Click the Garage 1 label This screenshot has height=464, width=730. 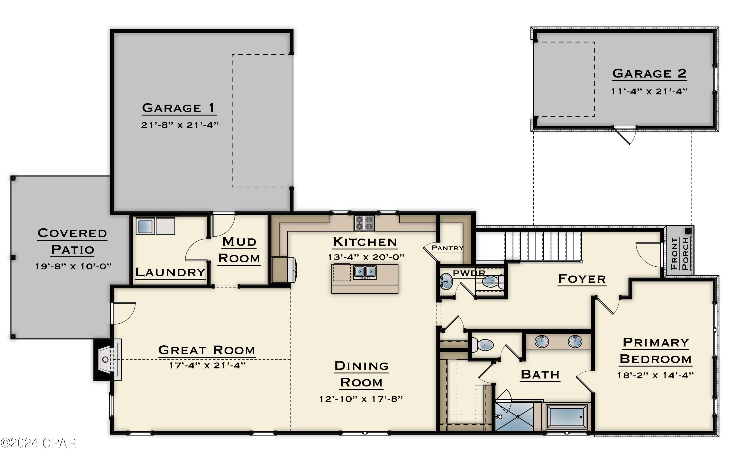pyautogui.click(x=179, y=108)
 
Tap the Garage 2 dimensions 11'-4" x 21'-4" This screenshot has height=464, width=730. pyautogui.click(x=649, y=91)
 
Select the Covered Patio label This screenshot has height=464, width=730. pyautogui.click(x=72, y=241)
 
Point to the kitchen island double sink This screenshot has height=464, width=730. pyautogui.click(x=365, y=272)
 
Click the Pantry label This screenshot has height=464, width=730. pyautogui.click(x=447, y=248)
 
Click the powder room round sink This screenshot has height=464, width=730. pyautogui.click(x=446, y=282)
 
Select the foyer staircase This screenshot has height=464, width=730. pyautogui.click(x=543, y=245)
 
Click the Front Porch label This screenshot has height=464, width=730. pyautogui.click(x=680, y=254)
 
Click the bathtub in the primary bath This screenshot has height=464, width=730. pyautogui.click(x=566, y=417)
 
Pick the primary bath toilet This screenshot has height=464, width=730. pyautogui.click(x=483, y=345)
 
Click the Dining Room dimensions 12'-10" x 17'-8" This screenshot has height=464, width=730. pyautogui.click(x=361, y=399)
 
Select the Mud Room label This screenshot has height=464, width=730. pyautogui.click(x=239, y=250)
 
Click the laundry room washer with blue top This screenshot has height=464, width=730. pyautogui.click(x=145, y=226)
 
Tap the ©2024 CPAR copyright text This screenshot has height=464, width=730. pyautogui.click(x=38, y=443)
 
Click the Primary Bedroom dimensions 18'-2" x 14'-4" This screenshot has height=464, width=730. pyautogui.click(x=656, y=376)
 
